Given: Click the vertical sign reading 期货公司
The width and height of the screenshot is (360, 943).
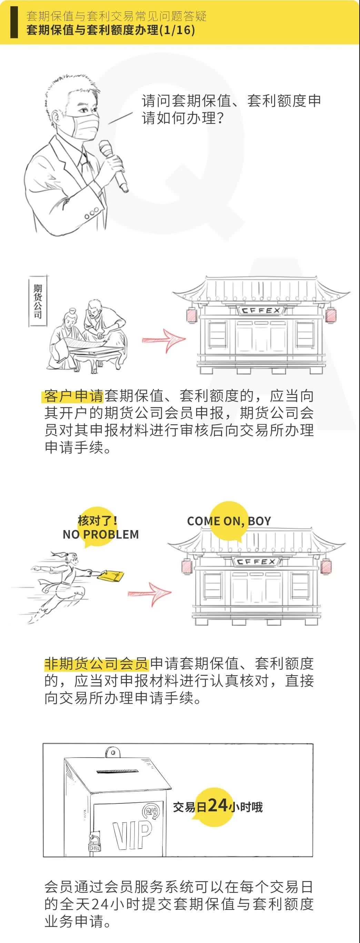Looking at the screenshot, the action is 38,301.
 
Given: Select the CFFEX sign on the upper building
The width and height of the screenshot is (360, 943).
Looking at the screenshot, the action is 261,311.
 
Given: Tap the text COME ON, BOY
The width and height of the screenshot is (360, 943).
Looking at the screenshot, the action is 229,521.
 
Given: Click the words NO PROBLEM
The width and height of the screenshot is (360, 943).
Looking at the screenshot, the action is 101,534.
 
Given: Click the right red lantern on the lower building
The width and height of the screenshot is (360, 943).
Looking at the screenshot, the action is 326,566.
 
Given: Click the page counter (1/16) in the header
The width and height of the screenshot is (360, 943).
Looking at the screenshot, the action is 176,30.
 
